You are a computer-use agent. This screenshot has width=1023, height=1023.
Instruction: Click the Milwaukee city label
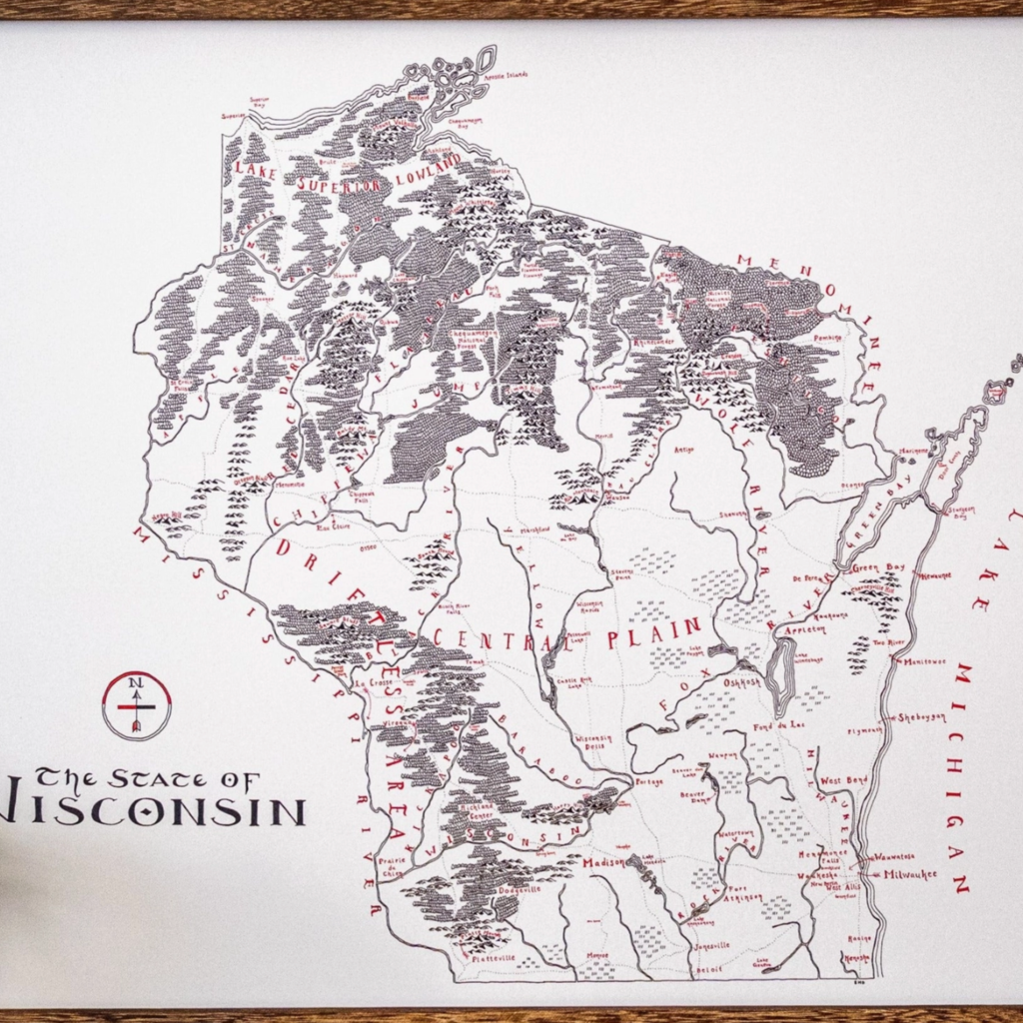click(910, 874)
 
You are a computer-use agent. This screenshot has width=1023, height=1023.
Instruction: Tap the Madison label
click(603, 862)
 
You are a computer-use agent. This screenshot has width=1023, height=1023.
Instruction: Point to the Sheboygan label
click(919, 717)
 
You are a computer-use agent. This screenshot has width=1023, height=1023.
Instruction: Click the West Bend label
click(843, 779)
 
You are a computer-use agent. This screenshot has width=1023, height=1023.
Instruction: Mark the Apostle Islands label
click(507, 75)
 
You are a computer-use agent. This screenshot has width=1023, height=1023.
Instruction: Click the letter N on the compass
click(134, 682)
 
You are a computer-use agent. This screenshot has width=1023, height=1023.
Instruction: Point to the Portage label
click(649, 781)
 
